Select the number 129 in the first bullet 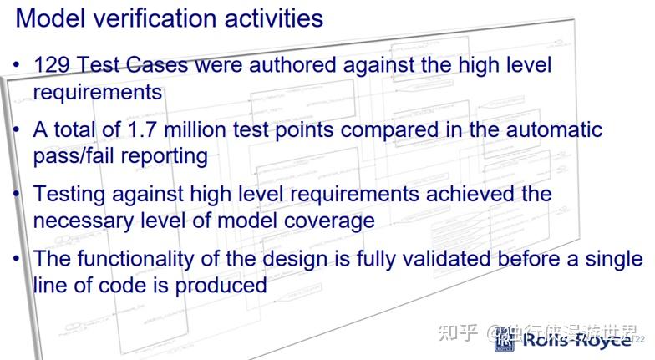pyautogui.click(x=52, y=65)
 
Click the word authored pyautogui.click(x=299, y=65)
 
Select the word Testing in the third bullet pyautogui.click(x=69, y=195)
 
